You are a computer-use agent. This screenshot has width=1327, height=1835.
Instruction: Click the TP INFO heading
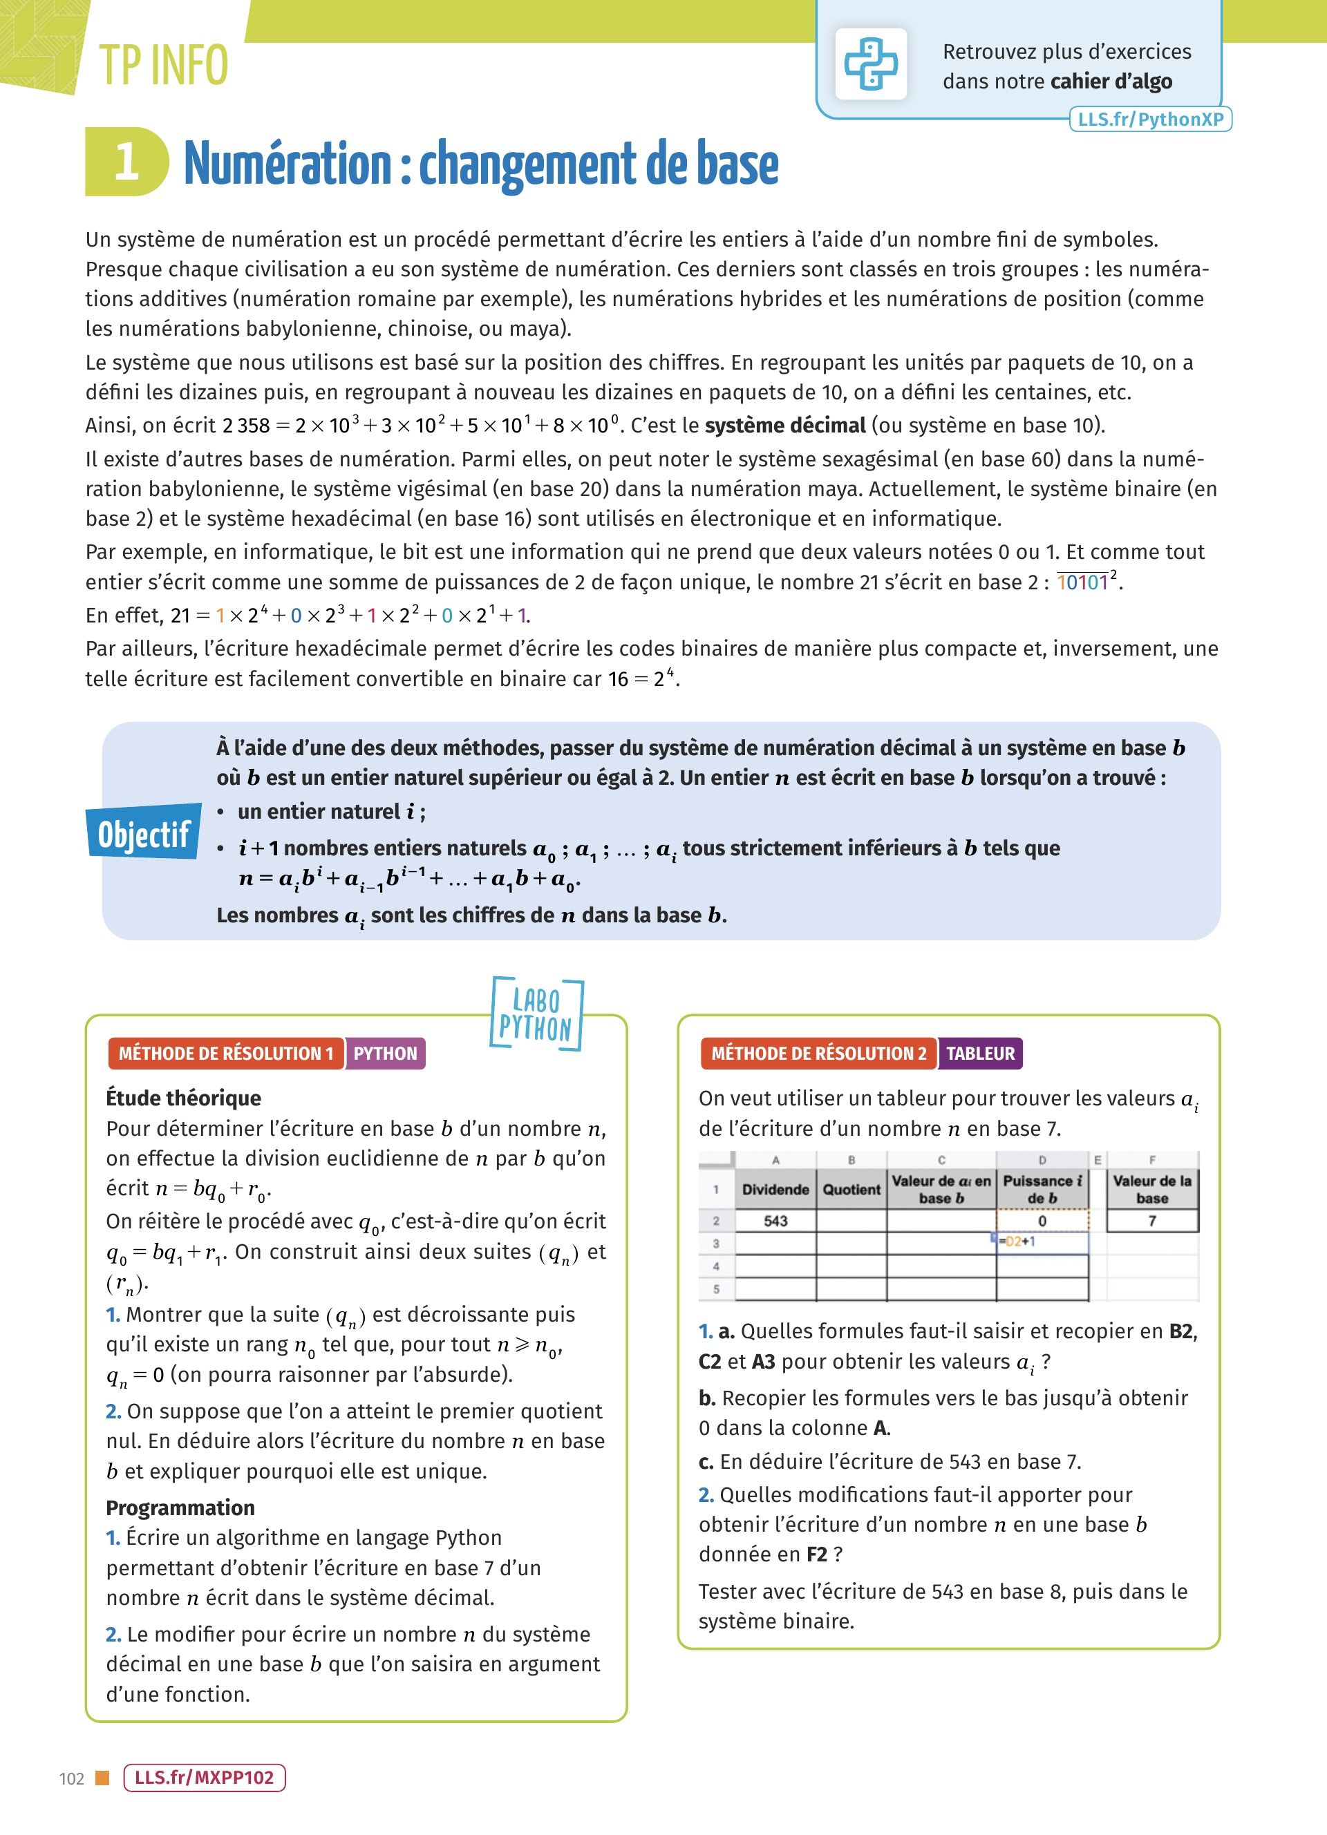[x=163, y=66]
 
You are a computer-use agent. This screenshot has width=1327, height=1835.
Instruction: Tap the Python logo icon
[x=871, y=64]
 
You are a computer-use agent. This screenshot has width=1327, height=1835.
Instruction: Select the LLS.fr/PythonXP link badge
[x=1150, y=120]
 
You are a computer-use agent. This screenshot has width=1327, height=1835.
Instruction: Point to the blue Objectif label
[x=144, y=833]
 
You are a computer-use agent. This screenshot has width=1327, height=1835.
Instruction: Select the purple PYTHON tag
[x=385, y=1054]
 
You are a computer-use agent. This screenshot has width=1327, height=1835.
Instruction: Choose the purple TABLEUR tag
[x=980, y=1054]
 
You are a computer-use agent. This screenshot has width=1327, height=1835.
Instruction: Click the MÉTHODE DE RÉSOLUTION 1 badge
[x=226, y=1054]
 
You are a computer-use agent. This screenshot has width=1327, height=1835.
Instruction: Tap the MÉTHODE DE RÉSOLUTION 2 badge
[x=818, y=1054]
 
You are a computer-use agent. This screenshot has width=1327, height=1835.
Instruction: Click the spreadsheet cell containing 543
[x=775, y=1221]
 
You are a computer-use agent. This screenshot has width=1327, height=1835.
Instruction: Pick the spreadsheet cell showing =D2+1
[x=1042, y=1242]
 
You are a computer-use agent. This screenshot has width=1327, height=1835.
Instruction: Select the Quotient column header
[x=851, y=1189]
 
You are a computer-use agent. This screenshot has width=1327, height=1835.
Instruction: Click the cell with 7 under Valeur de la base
[x=1151, y=1221]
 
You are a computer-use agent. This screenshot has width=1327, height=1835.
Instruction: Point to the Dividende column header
[x=775, y=1189]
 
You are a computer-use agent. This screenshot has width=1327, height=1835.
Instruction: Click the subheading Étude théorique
[x=184, y=1098]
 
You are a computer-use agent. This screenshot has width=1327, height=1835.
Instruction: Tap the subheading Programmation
[x=180, y=1508]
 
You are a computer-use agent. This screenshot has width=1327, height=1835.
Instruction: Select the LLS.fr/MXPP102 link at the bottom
[x=204, y=1778]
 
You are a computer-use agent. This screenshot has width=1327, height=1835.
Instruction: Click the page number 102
[x=71, y=1778]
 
